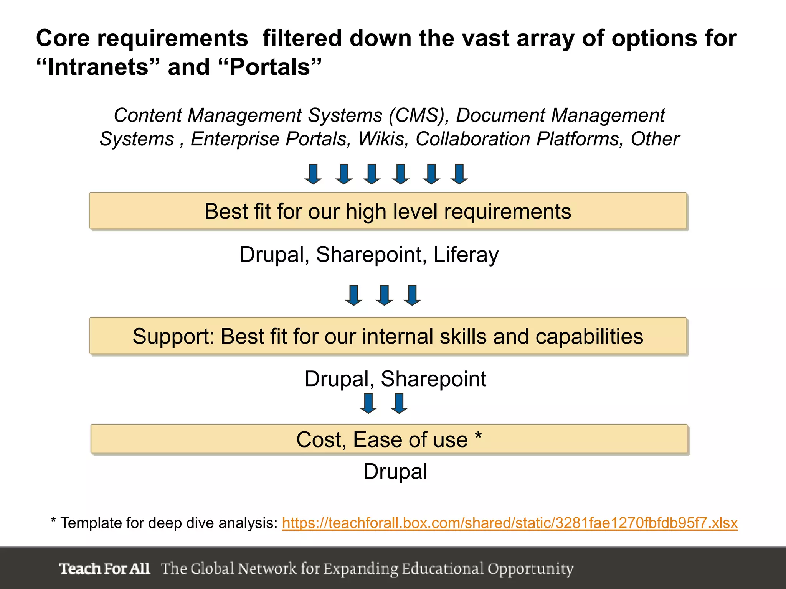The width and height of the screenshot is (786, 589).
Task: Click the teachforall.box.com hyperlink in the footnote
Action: click(x=509, y=523)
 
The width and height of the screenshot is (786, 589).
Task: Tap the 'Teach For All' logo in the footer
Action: click(x=104, y=568)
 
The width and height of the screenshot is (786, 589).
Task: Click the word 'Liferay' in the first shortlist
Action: click(x=466, y=255)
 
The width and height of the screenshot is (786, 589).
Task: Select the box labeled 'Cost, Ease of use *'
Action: click(x=389, y=439)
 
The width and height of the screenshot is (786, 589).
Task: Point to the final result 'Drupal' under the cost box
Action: click(x=395, y=471)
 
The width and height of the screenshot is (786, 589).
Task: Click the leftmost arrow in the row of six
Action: click(x=313, y=174)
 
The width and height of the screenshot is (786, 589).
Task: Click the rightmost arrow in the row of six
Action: click(x=459, y=174)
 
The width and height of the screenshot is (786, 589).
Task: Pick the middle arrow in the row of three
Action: click(x=384, y=295)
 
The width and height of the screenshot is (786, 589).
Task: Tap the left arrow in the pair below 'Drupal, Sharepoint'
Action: click(x=368, y=403)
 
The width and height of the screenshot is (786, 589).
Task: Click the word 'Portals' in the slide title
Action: click(x=270, y=67)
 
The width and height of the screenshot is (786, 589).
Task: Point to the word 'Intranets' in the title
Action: click(x=97, y=67)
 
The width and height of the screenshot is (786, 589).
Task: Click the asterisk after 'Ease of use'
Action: click(x=478, y=436)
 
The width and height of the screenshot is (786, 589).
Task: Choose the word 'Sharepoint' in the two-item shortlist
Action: click(x=433, y=379)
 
